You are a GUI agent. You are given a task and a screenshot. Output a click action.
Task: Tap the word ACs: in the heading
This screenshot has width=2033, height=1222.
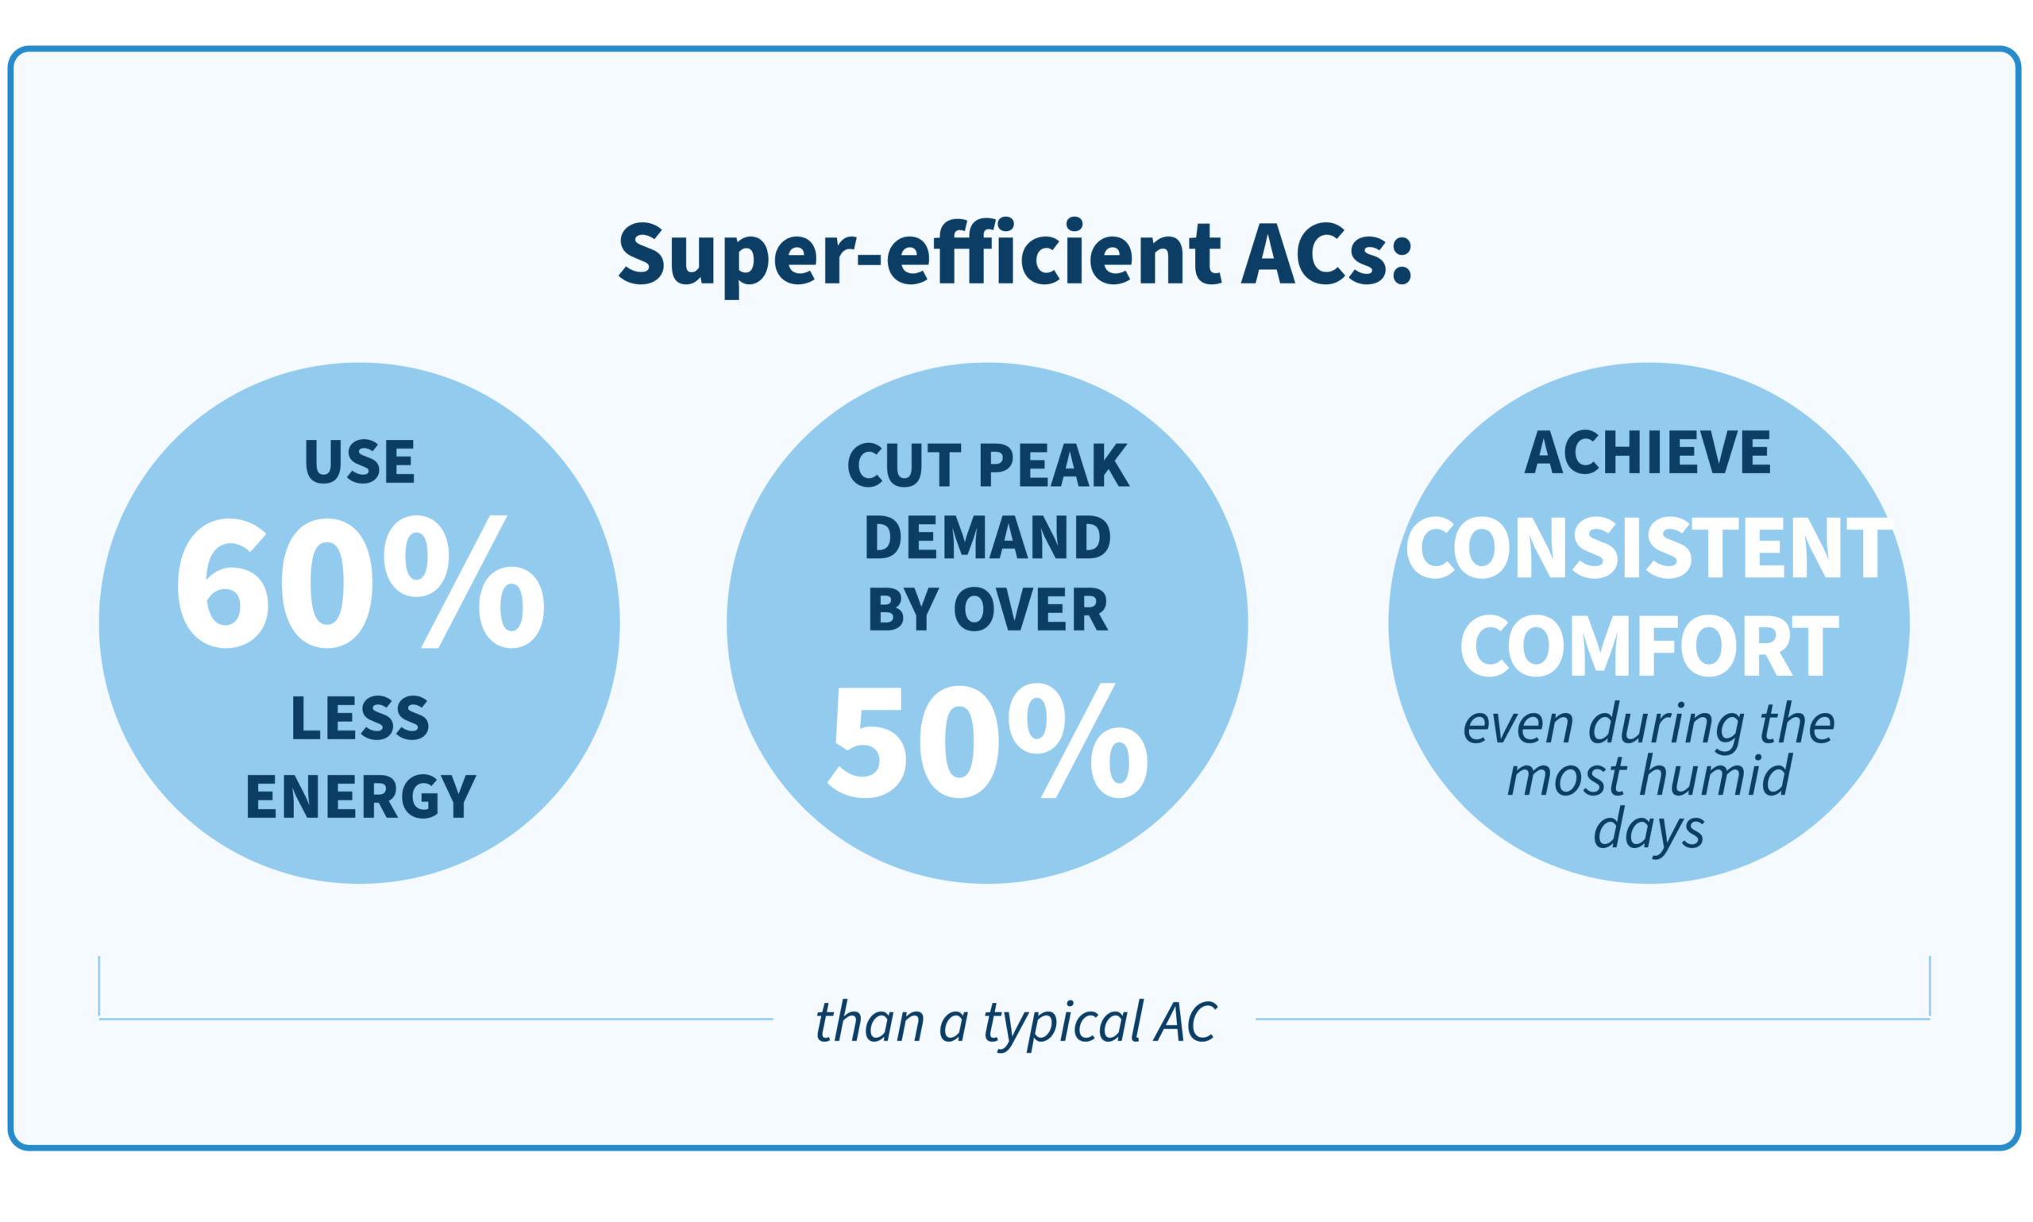tap(1326, 253)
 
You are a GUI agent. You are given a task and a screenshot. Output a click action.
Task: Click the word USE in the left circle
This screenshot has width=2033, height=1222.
tap(359, 462)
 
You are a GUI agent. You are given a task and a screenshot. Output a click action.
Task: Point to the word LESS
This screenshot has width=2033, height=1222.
tap(360, 718)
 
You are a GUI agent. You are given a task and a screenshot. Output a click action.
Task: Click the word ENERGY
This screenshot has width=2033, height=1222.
tap(361, 797)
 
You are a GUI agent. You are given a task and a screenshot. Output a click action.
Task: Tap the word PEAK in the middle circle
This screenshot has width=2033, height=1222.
tap(1053, 466)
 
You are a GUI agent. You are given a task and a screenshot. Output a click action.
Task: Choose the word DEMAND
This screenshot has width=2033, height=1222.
tap(987, 538)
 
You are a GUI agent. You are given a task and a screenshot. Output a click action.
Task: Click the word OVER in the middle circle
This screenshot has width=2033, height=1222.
tap(1030, 610)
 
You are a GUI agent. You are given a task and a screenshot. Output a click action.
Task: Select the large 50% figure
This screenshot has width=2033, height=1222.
tap(987, 740)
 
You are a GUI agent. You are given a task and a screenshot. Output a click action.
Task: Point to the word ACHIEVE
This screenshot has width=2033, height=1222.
tap(1647, 452)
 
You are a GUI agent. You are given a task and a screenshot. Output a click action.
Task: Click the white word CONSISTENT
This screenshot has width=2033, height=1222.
tap(1649, 549)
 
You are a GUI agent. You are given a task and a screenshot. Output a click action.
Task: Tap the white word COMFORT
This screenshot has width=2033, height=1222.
tap(1649, 646)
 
